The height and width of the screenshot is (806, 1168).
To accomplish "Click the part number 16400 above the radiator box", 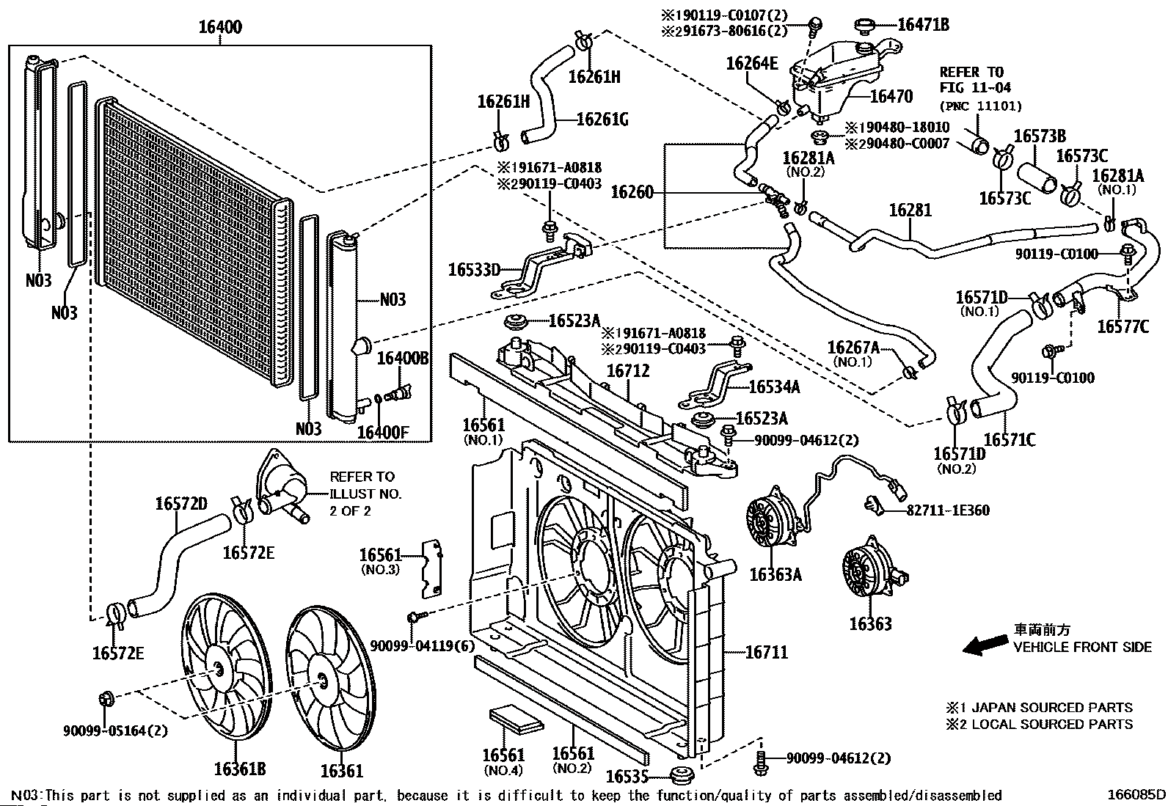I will pyautogui.click(x=220, y=28).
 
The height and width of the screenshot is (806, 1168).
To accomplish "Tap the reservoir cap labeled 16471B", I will pyautogui.click(x=866, y=26).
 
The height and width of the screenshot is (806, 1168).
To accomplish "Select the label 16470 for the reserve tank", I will pyautogui.click(x=891, y=96).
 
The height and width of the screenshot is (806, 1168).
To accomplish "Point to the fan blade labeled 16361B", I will pyautogui.click(x=224, y=664).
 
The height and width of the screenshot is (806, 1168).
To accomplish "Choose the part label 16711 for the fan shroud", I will pyautogui.click(x=767, y=651).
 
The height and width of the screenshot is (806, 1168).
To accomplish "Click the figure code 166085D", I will pyautogui.click(x=1136, y=795).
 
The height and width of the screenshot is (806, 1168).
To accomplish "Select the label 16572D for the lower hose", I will pyautogui.click(x=181, y=504).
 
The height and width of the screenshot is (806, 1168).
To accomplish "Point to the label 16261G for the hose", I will pyautogui.click(x=602, y=119).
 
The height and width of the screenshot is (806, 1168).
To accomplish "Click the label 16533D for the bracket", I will pyautogui.click(x=474, y=270).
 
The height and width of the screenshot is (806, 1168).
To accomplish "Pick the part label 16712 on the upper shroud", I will pyautogui.click(x=628, y=372).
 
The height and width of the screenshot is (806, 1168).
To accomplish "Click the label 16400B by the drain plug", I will pyautogui.click(x=403, y=358).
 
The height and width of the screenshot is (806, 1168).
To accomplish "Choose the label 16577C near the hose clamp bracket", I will pyautogui.click(x=1123, y=326).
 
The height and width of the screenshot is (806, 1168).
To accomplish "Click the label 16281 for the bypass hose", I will pyautogui.click(x=910, y=210).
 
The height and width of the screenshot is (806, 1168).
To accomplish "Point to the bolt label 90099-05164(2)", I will pyautogui.click(x=115, y=730).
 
